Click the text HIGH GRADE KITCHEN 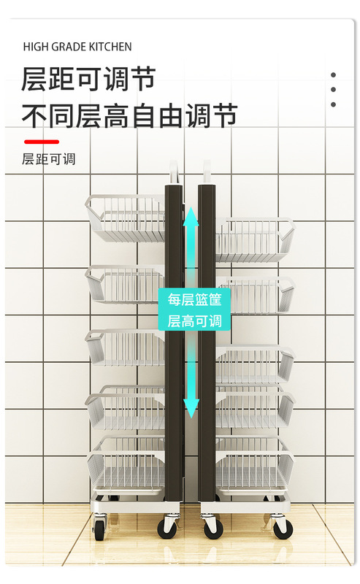77,47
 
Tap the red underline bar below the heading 42,142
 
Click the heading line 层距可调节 88,79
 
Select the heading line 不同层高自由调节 129,116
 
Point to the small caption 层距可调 48,159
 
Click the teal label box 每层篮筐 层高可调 194,310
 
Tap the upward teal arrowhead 191,216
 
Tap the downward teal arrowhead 191,408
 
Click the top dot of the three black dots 333,75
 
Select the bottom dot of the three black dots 333,104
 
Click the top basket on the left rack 125,218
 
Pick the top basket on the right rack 256,239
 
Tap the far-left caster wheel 100,527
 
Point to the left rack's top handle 174,172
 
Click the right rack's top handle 207,172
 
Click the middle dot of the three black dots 333,89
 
